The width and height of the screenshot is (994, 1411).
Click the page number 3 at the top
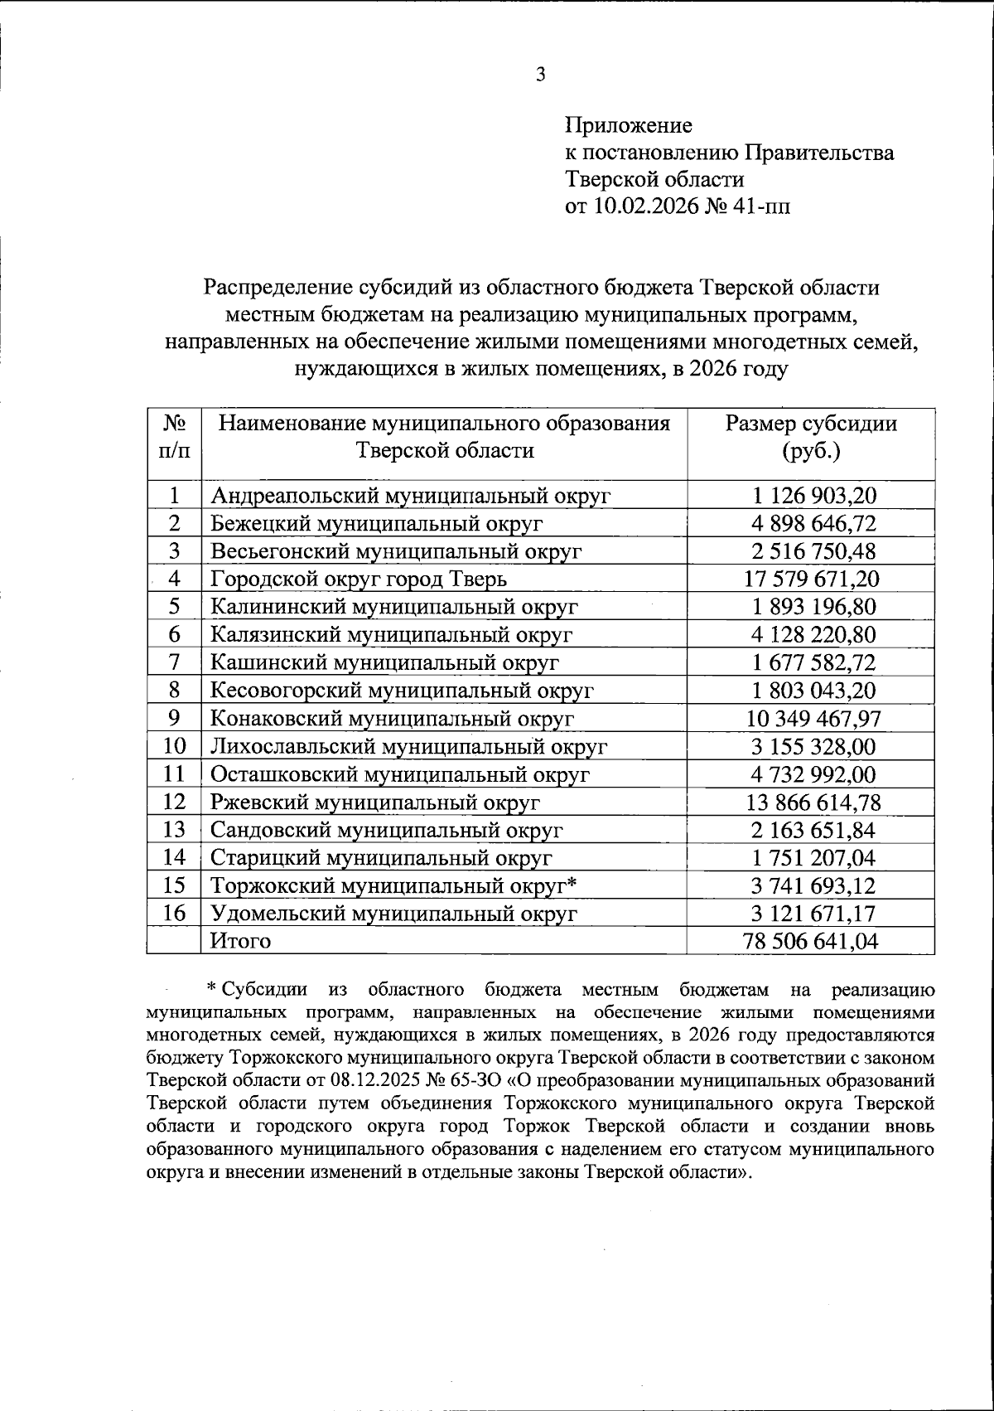click(540, 75)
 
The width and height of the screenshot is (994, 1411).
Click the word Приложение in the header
click(628, 126)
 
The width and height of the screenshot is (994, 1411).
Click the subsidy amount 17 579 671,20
click(810, 579)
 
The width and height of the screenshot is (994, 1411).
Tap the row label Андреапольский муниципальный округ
click(411, 496)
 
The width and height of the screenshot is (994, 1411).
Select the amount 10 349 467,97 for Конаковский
click(810, 718)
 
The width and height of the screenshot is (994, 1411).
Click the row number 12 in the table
click(174, 802)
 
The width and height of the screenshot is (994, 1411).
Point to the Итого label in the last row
click(241, 941)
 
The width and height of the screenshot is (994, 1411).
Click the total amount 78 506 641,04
click(810, 941)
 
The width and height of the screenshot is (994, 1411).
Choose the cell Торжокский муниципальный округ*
click(393, 885)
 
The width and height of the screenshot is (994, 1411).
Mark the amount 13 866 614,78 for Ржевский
click(810, 802)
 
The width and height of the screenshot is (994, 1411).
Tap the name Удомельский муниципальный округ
click(393, 914)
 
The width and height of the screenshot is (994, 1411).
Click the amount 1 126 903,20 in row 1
click(810, 496)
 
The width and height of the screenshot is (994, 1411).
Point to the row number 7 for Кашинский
click(174, 662)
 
